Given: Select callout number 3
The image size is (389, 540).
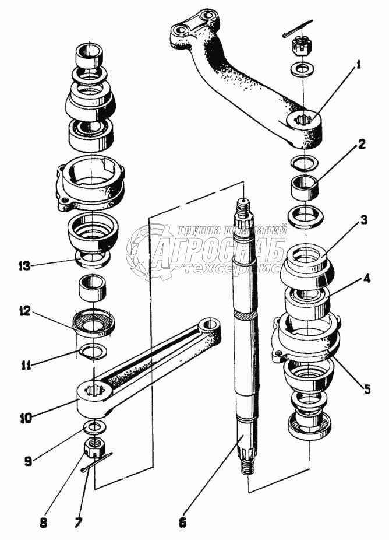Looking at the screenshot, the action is (362, 220).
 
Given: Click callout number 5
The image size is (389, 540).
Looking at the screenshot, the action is (367, 389).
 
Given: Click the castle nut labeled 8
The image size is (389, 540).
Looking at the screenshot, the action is (94, 448).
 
